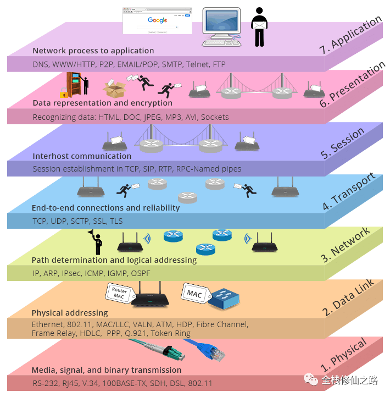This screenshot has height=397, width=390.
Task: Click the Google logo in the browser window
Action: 157,20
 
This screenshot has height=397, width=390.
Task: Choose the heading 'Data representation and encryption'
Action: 102,103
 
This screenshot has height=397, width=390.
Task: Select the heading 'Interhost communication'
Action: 82,156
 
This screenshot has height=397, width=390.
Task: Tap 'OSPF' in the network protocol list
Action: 141,273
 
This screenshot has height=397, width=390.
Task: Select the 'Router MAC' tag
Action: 119,293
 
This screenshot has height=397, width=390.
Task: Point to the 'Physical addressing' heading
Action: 70,313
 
